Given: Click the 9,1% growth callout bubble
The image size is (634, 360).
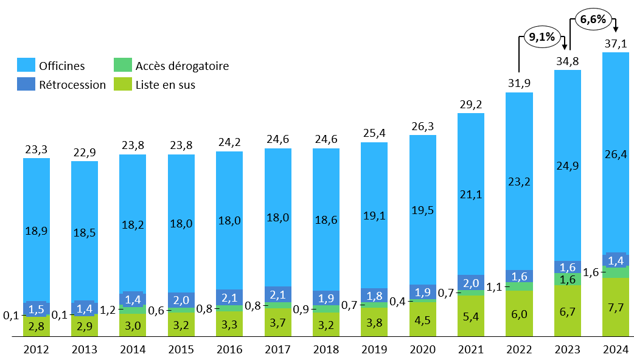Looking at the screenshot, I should click(542, 38).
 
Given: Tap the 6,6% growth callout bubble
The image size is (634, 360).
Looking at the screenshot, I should click(593, 19).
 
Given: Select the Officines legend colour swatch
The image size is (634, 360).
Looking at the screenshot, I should click(26, 66).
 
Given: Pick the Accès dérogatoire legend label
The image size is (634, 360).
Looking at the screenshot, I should click(182, 66).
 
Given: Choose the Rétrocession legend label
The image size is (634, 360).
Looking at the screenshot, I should click(72, 85).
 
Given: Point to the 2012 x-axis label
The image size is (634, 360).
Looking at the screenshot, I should click(37, 350).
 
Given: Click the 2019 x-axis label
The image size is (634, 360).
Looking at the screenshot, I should click(374, 350).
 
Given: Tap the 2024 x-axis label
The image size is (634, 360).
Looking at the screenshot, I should click(615, 350).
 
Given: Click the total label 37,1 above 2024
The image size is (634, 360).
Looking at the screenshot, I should click(615, 43).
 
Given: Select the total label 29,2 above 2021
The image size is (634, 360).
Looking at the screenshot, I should click(470, 104).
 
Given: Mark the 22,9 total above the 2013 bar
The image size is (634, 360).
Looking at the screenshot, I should click(85, 151).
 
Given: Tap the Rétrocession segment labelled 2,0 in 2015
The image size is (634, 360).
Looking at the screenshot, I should click(181, 300).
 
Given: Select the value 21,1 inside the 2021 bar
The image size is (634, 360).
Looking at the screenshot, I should click(470, 195).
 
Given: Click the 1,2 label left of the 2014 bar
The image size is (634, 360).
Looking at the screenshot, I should click(108, 310).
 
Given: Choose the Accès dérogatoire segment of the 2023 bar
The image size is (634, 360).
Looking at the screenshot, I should click(567, 279).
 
